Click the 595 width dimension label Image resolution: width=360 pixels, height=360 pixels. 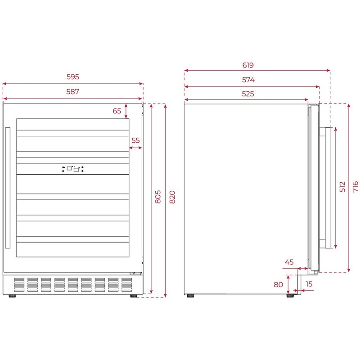click(x=73, y=76)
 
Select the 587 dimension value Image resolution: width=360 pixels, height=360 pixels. click(x=73, y=92)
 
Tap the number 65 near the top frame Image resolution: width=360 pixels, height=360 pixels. click(x=117, y=111)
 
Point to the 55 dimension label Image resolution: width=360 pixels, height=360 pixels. click(x=135, y=140)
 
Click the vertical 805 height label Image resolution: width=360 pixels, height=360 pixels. click(x=158, y=197)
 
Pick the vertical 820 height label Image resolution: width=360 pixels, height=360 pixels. click(x=172, y=197)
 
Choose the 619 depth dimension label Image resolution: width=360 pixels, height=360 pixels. click(x=248, y=65)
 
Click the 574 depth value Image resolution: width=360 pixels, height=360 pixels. click(x=248, y=80)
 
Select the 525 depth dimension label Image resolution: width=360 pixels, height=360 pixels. click(x=248, y=94)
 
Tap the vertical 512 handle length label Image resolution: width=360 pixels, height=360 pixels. click(x=342, y=187)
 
